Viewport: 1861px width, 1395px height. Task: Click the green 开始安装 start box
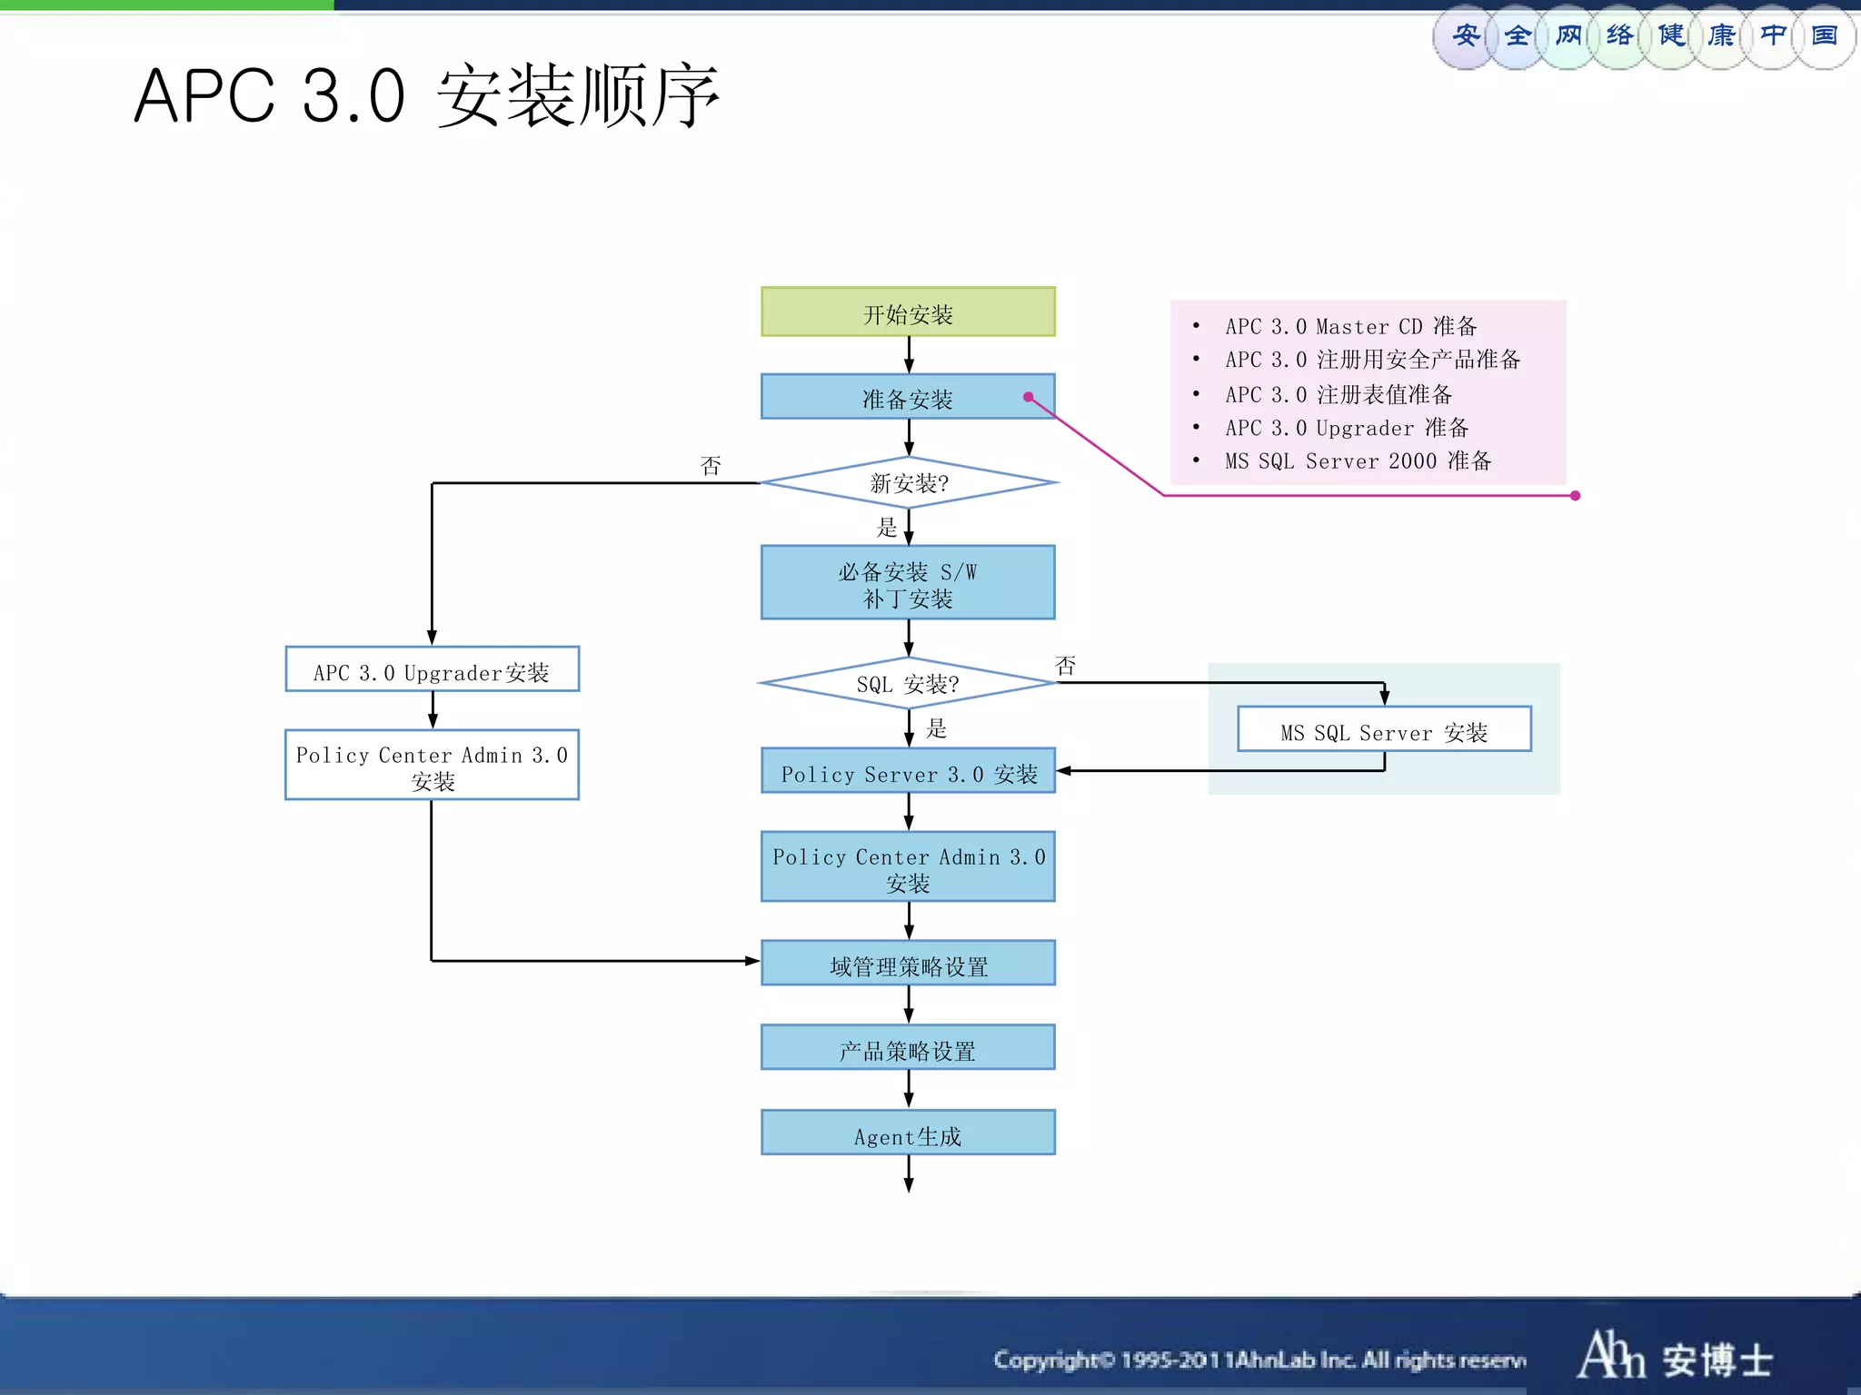click(x=908, y=312)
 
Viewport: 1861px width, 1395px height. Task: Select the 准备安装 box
click(x=908, y=397)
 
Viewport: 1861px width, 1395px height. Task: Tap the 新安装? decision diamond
click(x=908, y=482)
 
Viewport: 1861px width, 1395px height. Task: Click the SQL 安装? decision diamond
click(x=908, y=683)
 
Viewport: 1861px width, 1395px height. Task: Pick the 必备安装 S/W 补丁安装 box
click(x=908, y=583)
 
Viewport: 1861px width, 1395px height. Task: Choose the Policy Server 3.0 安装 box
click(x=908, y=771)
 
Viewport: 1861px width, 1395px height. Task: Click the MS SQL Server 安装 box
click(x=1383, y=730)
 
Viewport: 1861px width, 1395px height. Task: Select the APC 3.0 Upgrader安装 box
click(x=432, y=670)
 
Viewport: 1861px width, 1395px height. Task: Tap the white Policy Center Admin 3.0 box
click(x=432, y=766)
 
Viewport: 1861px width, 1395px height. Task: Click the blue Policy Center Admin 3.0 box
click(x=908, y=867)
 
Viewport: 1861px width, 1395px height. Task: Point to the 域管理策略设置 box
click(x=908, y=964)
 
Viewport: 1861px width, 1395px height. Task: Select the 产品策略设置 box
click(x=908, y=1048)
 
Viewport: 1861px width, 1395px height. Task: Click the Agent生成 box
click(x=908, y=1133)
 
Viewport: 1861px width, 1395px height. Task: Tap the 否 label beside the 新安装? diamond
click(x=711, y=466)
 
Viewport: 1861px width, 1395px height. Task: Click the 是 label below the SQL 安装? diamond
click(x=936, y=728)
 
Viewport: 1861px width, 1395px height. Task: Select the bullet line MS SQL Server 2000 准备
click(x=1358, y=461)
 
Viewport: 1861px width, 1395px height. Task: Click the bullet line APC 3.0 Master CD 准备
click(x=1350, y=326)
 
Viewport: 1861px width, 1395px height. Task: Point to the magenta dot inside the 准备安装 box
click(x=1029, y=397)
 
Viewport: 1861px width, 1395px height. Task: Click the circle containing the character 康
click(x=1721, y=36)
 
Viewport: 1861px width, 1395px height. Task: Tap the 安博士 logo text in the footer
click(x=1717, y=1360)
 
